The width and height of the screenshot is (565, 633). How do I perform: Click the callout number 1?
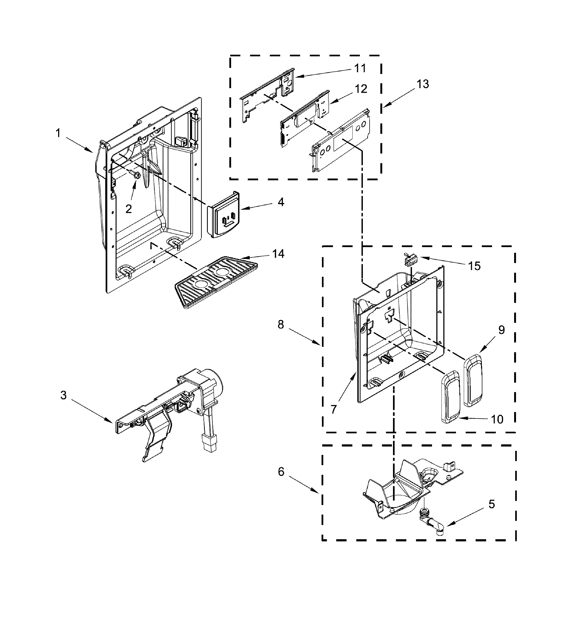click(x=58, y=134)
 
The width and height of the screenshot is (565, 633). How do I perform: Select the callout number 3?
click(x=63, y=396)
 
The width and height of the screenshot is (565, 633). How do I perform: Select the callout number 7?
click(x=334, y=409)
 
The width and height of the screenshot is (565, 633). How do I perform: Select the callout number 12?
click(x=361, y=89)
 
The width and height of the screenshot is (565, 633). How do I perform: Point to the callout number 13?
click(x=423, y=84)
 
